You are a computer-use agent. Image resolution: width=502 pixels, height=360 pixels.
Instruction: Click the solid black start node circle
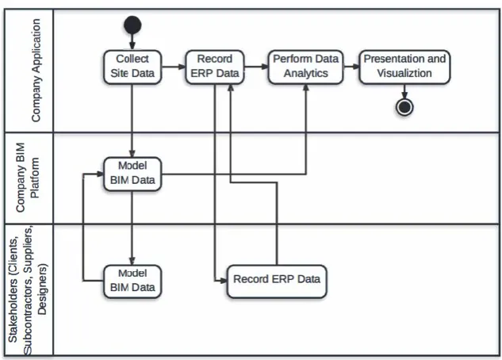click(132, 25)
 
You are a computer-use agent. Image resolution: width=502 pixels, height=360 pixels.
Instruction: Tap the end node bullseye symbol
click(404, 107)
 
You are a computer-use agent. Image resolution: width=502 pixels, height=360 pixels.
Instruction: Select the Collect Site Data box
click(132, 67)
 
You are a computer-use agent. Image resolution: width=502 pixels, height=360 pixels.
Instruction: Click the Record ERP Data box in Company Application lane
click(215, 67)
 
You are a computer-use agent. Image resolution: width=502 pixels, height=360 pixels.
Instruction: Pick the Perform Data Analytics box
click(306, 67)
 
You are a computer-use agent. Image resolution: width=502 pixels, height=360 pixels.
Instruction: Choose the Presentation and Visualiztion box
click(404, 67)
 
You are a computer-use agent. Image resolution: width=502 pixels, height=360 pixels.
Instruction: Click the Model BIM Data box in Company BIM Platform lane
click(132, 174)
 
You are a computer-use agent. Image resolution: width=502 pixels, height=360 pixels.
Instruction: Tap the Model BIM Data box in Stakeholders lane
click(132, 281)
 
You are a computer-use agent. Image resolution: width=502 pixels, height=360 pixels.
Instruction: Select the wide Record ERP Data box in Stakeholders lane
click(277, 281)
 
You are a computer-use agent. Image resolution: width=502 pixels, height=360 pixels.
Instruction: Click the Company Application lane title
click(36, 70)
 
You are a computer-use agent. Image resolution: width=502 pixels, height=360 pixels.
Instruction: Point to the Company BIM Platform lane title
click(27, 178)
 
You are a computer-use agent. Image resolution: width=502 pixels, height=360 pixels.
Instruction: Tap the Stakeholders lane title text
click(27, 290)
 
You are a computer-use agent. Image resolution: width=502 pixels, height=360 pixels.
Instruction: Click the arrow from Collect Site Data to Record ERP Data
click(174, 67)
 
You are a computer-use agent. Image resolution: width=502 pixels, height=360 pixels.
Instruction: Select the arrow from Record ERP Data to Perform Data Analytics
click(256, 67)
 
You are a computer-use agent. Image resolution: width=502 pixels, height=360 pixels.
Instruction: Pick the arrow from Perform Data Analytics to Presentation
click(351, 67)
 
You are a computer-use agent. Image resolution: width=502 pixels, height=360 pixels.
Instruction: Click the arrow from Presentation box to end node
click(404, 91)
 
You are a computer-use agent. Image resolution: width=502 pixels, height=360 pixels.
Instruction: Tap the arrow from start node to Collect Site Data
click(132, 41)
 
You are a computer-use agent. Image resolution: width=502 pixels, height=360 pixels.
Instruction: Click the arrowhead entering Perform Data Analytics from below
click(306, 88)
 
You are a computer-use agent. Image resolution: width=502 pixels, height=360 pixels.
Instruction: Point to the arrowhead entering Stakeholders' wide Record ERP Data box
click(223, 281)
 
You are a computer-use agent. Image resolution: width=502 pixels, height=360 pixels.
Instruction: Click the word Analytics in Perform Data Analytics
click(306, 73)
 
